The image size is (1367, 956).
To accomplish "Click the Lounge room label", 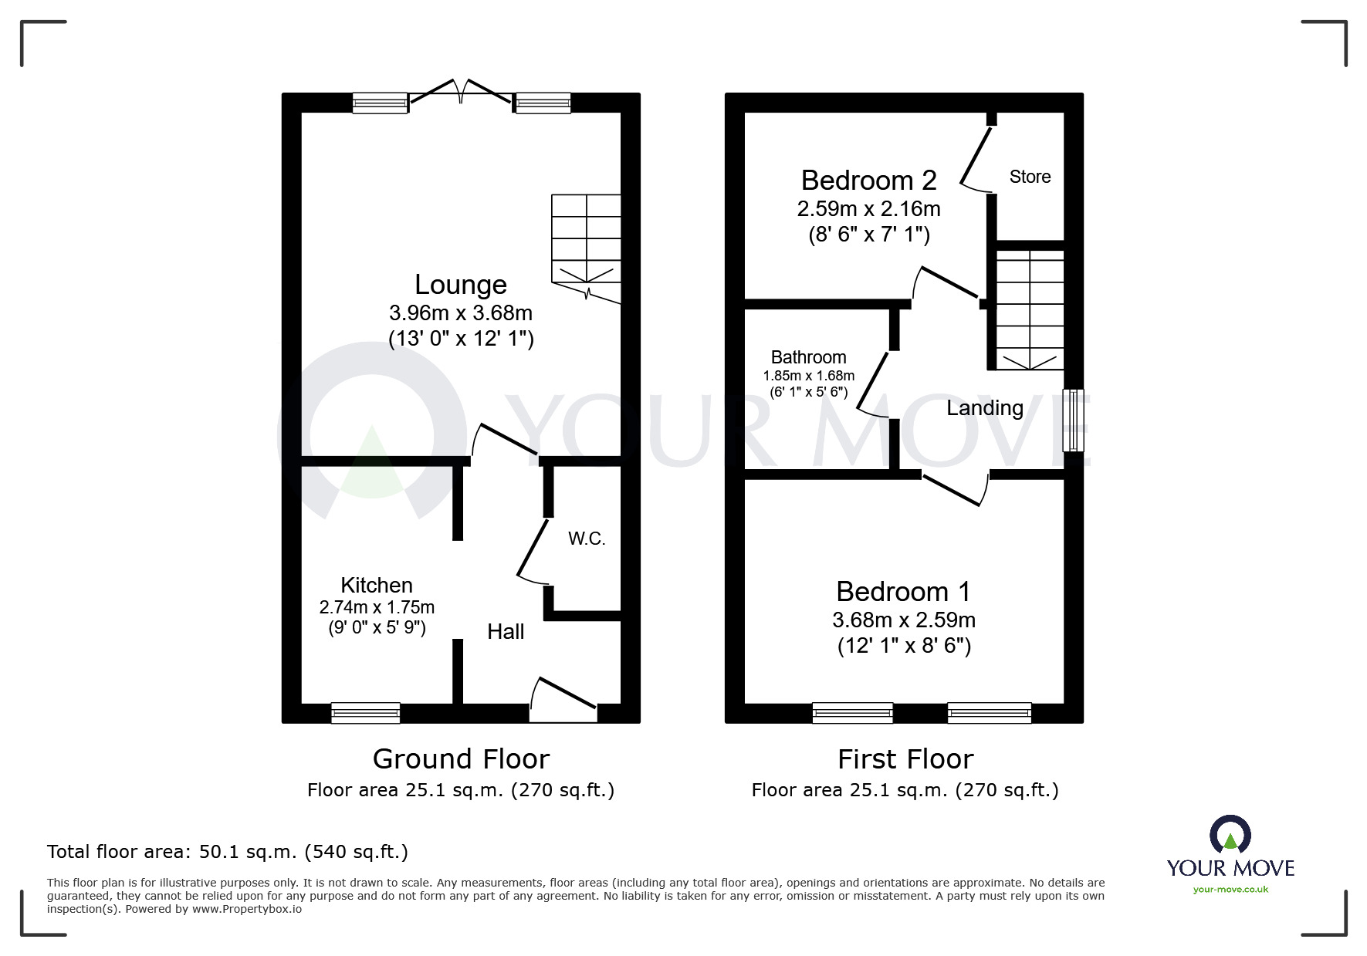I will [x=461, y=285].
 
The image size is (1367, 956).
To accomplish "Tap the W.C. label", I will [x=587, y=539].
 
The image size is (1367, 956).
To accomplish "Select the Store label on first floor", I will [x=1030, y=177].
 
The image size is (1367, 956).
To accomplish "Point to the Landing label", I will [x=985, y=407].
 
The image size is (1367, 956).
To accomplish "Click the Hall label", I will [x=506, y=631].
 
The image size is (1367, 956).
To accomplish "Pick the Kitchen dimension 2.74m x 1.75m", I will [x=377, y=607].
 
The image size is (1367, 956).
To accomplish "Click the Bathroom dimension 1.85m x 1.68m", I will [x=808, y=376].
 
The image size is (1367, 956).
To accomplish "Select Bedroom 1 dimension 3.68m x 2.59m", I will [x=903, y=620].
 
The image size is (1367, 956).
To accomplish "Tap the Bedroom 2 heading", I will [x=868, y=180].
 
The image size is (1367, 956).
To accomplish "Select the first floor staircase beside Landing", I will [x=1030, y=309].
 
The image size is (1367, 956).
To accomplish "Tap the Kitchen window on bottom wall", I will [x=365, y=713].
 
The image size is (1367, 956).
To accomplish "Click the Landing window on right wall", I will [x=1073, y=420].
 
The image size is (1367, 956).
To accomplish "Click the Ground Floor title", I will [x=461, y=759].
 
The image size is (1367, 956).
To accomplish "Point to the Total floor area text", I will [x=228, y=852].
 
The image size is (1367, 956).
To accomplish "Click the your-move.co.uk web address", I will [x=1230, y=890].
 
